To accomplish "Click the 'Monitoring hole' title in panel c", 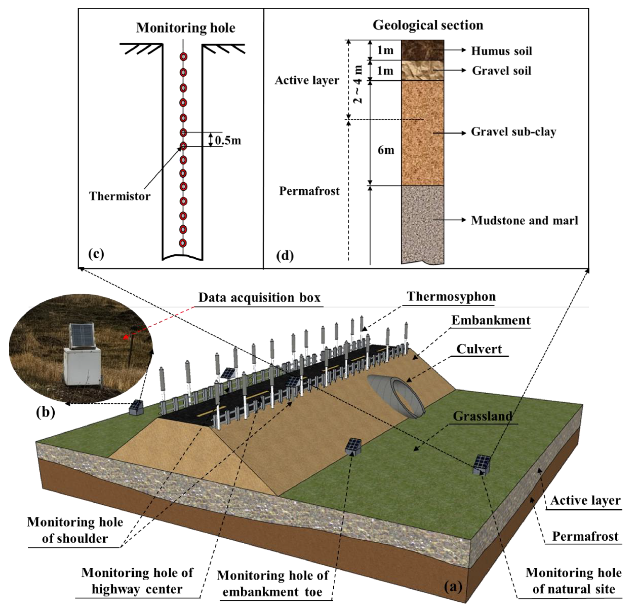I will coord(185,28).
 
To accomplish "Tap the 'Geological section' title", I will coord(428,25).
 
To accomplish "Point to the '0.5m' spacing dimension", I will coord(228,140).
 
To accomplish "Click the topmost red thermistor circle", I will coord(183,57).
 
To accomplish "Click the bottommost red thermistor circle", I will coord(183,242).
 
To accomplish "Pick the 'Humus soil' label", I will coord(501,51).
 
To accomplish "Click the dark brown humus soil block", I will coord(422,50).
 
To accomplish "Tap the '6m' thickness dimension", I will coord(386,150).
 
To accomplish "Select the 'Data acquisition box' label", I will coord(259,298).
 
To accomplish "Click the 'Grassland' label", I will coord(482,416).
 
